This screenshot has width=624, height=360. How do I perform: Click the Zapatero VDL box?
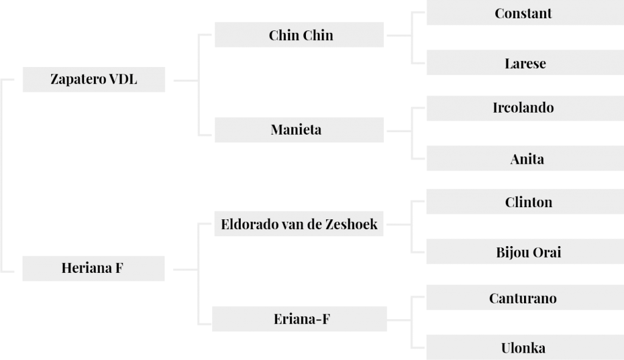pos(94,80)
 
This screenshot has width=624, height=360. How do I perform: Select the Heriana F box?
pos(93,269)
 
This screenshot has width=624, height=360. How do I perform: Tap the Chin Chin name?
pos(301,35)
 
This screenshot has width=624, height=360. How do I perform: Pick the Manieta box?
pos(299,130)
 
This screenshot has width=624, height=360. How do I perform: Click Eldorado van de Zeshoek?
pos(299,224)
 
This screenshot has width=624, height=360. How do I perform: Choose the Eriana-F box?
pos(299,319)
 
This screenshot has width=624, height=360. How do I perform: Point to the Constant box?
pos(525,13)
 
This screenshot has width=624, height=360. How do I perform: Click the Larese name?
pos(525,63)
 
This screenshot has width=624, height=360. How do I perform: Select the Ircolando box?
pos(525,108)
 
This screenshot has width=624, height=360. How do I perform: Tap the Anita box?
pos(525,158)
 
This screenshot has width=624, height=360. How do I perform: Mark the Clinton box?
pos(525,202)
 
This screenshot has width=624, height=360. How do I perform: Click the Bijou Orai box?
pos(525,252)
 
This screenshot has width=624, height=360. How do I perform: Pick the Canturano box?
pos(525,297)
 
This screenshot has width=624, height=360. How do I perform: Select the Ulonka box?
pos(525,347)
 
